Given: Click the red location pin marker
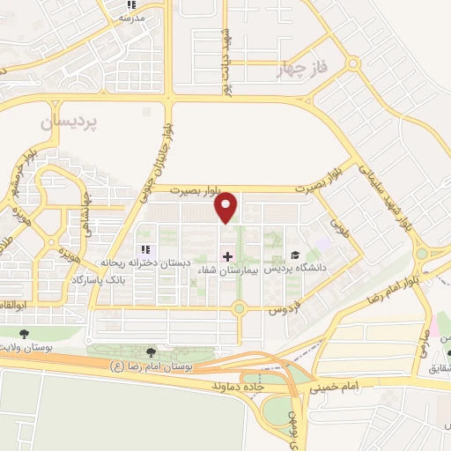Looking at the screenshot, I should point(227,207).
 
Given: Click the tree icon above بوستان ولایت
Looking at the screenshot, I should point(25,333).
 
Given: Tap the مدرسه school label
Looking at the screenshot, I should point(130,17).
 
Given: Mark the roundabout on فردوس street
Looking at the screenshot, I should point(238,308).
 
